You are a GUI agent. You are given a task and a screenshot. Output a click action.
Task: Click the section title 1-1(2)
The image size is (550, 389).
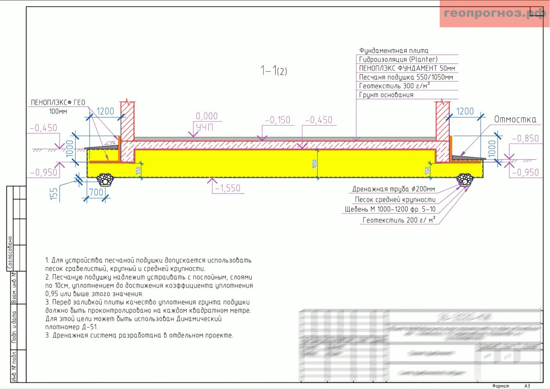tap(274, 71)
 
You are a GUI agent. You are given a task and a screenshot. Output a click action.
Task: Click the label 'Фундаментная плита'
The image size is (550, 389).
tap(394, 51)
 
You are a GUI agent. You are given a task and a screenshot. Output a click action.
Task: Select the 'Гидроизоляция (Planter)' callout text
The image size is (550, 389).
tap(398, 59)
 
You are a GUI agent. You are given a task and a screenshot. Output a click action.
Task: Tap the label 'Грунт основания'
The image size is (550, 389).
tap(386, 95)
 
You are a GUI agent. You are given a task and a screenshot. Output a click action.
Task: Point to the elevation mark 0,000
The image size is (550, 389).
tap(207, 116)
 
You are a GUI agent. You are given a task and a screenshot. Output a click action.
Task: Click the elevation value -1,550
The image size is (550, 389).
tap(228, 188)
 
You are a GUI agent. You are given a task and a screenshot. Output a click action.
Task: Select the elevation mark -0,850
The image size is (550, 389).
tap(525, 138)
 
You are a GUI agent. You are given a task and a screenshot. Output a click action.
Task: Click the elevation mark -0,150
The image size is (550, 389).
tap(278, 120)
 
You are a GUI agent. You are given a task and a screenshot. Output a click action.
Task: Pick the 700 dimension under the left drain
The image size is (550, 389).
tap(96, 192)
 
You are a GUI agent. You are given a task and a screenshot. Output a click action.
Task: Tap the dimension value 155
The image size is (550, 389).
tap(54, 194)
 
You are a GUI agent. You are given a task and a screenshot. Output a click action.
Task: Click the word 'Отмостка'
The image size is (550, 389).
tap(515, 119)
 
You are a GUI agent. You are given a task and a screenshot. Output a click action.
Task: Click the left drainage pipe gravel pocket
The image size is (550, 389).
tap(105, 179)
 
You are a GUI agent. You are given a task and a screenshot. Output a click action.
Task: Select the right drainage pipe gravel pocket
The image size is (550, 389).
tap(465, 179)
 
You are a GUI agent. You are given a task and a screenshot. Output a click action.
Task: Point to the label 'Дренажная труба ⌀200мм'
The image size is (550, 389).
tap(394, 189)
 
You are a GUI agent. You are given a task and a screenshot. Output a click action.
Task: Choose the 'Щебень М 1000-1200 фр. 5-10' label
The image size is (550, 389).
tap(390, 209)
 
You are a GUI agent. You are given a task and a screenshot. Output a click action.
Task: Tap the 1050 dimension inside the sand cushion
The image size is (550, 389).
tap(314, 164)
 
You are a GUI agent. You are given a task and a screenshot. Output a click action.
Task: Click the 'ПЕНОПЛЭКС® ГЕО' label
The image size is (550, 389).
tap(58, 102)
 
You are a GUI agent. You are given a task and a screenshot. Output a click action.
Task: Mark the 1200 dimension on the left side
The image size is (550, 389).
tap(105, 111)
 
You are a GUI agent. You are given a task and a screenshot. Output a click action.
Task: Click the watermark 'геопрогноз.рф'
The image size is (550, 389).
tap(494, 14)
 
